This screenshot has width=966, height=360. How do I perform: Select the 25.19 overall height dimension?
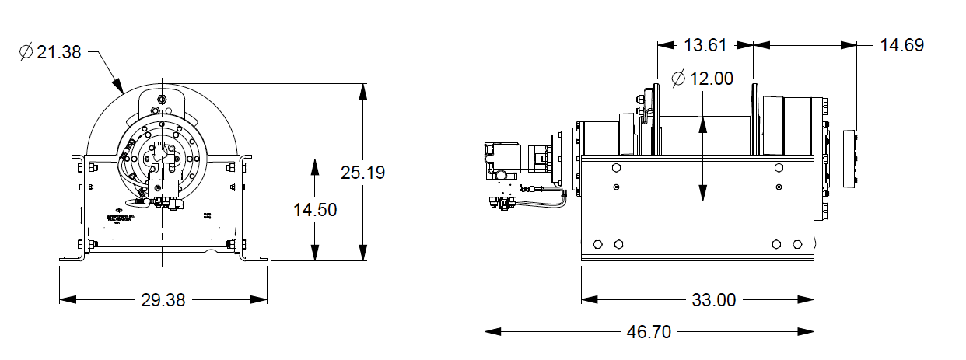(x=362, y=173)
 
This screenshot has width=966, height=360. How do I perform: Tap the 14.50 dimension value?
(x=315, y=210)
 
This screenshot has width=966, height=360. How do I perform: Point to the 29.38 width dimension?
(x=163, y=299)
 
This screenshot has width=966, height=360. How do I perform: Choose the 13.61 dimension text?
(x=705, y=45)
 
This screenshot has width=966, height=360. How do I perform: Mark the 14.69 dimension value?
(x=902, y=45)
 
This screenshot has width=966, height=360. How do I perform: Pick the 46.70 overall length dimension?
(x=648, y=332)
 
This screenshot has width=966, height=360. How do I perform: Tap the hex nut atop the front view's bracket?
(x=161, y=99)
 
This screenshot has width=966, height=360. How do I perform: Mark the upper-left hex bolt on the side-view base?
(x=615, y=167)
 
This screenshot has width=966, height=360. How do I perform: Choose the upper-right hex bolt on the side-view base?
(x=779, y=167)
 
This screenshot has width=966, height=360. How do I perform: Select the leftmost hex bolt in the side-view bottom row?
(x=597, y=243)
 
